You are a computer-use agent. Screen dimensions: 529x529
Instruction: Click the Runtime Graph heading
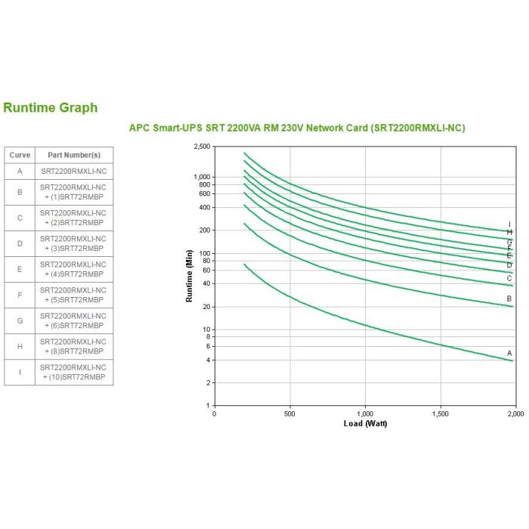click(51, 107)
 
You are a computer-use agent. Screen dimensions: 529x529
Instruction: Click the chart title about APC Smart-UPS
click(297, 128)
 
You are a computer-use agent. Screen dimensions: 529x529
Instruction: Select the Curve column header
click(20, 155)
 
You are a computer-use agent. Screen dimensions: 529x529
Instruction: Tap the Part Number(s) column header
click(74, 155)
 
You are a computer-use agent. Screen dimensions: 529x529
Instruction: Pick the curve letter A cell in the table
click(20, 172)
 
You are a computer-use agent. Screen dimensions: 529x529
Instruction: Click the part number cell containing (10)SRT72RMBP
click(74, 372)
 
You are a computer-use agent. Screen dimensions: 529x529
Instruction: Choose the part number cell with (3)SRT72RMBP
click(74, 243)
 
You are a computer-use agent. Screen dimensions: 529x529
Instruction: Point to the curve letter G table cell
click(20, 320)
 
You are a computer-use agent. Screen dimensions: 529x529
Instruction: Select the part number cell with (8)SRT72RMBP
click(74, 346)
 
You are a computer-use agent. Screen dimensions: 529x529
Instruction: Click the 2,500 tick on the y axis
click(201, 147)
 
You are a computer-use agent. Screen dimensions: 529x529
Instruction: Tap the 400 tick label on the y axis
click(203, 208)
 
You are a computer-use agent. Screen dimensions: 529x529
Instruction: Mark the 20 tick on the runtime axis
click(205, 307)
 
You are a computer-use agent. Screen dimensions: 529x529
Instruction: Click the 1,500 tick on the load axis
click(440, 414)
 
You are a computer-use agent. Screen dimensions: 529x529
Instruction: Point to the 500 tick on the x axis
click(290, 414)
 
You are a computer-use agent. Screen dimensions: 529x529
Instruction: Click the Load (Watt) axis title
click(365, 423)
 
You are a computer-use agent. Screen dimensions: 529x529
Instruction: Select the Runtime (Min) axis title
click(190, 276)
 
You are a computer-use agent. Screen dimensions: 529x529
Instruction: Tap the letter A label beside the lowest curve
click(509, 353)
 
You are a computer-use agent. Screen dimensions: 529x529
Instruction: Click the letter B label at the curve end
click(509, 299)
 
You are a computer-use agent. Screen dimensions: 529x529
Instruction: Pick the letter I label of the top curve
click(509, 224)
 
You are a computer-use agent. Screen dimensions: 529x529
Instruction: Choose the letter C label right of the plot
click(509, 278)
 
